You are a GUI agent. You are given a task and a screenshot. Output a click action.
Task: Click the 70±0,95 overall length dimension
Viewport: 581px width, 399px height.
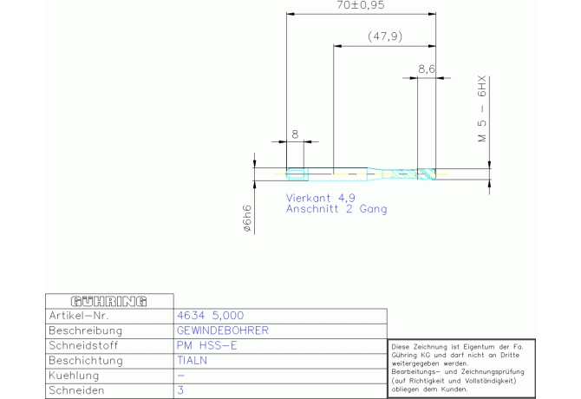coord(361,5)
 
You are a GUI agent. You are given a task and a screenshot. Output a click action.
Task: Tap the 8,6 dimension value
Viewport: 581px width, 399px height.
coord(427,69)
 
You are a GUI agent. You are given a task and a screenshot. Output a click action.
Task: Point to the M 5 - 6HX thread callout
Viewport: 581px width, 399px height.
coord(482,109)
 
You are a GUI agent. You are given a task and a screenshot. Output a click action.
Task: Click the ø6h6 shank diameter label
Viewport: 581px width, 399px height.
coord(247,219)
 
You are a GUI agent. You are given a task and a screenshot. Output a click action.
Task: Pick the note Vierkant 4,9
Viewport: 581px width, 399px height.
coord(321,198)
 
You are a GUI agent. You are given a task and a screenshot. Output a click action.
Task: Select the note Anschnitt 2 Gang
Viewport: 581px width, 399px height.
coord(336,209)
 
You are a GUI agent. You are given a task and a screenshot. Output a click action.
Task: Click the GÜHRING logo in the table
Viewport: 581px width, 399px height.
coord(109,302)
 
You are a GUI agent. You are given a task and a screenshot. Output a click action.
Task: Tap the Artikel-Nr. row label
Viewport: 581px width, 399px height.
coord(79,316)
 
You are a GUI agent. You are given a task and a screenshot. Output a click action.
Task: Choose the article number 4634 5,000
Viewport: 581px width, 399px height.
coord(211,316)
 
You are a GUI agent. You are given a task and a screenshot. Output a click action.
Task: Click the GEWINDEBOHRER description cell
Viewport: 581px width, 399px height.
coord(222,330)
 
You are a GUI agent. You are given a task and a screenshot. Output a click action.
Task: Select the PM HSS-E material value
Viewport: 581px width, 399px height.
coord(206,345)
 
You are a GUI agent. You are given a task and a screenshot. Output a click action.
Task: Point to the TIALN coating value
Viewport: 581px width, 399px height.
coord(192,361)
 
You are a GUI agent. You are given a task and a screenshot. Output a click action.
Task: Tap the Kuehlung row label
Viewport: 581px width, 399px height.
coord(74,376)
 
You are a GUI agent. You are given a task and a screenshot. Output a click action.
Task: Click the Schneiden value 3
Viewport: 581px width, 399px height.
coord(180,390)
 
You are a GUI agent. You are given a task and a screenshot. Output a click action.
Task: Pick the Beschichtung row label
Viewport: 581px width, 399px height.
coord(86,361)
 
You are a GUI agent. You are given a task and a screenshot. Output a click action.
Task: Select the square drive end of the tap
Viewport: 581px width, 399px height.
coord(297,174)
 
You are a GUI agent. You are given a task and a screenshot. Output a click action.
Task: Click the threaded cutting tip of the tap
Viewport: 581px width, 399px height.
coord(427,173)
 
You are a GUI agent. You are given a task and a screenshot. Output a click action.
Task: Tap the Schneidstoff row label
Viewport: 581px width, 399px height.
coord(83,345)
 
